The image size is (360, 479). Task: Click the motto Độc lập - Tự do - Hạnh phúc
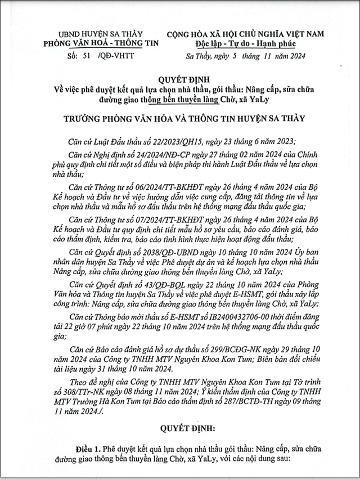coord(244,43)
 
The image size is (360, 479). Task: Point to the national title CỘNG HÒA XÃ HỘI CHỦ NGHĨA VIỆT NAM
coord(245,34)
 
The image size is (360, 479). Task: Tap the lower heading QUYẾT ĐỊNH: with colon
coord(181,429)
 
